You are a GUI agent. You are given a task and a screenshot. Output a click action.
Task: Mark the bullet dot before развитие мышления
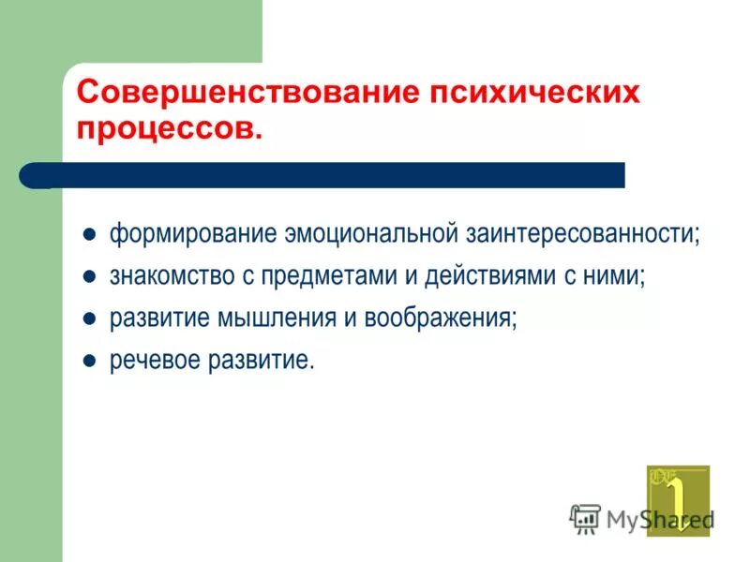90,318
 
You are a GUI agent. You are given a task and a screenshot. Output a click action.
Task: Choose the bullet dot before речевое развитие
90,361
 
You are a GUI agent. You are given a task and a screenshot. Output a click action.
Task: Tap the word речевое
154,361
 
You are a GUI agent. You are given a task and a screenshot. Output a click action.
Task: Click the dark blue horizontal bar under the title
337,175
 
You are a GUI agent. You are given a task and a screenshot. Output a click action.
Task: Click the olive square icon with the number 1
677,499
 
